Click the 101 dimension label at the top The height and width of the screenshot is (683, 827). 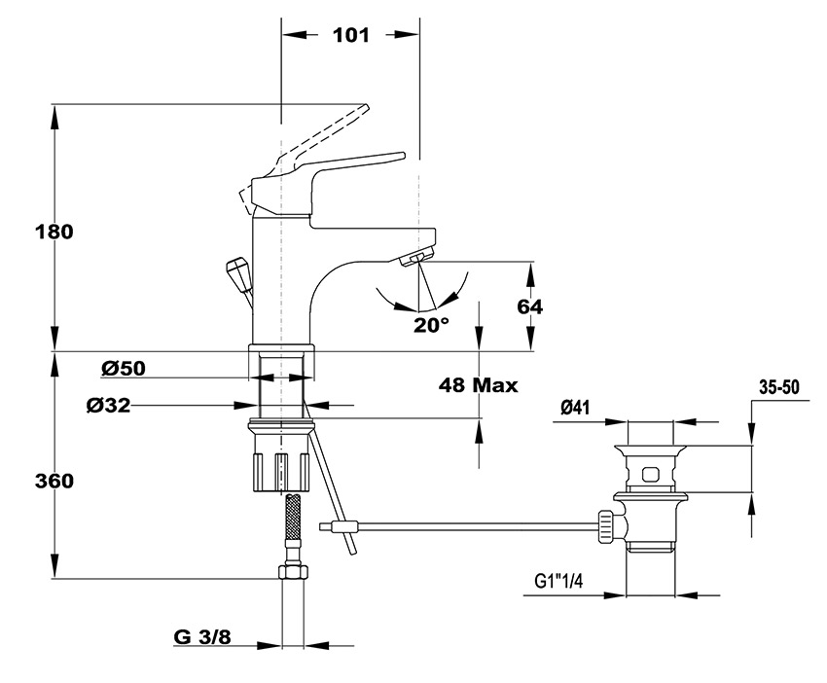coord(350,35)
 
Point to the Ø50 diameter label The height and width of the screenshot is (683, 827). coord(123,368)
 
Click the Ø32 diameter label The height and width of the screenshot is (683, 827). coord(108,405)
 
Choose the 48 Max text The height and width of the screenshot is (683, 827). coord(479,384)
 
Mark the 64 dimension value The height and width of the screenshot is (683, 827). coord(529,306)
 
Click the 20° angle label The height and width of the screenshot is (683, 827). coord(430,325)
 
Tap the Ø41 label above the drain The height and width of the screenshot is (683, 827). coord(579,409)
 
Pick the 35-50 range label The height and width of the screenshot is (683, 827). coord(778,386)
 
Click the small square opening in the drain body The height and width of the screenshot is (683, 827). coord(651,476)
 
